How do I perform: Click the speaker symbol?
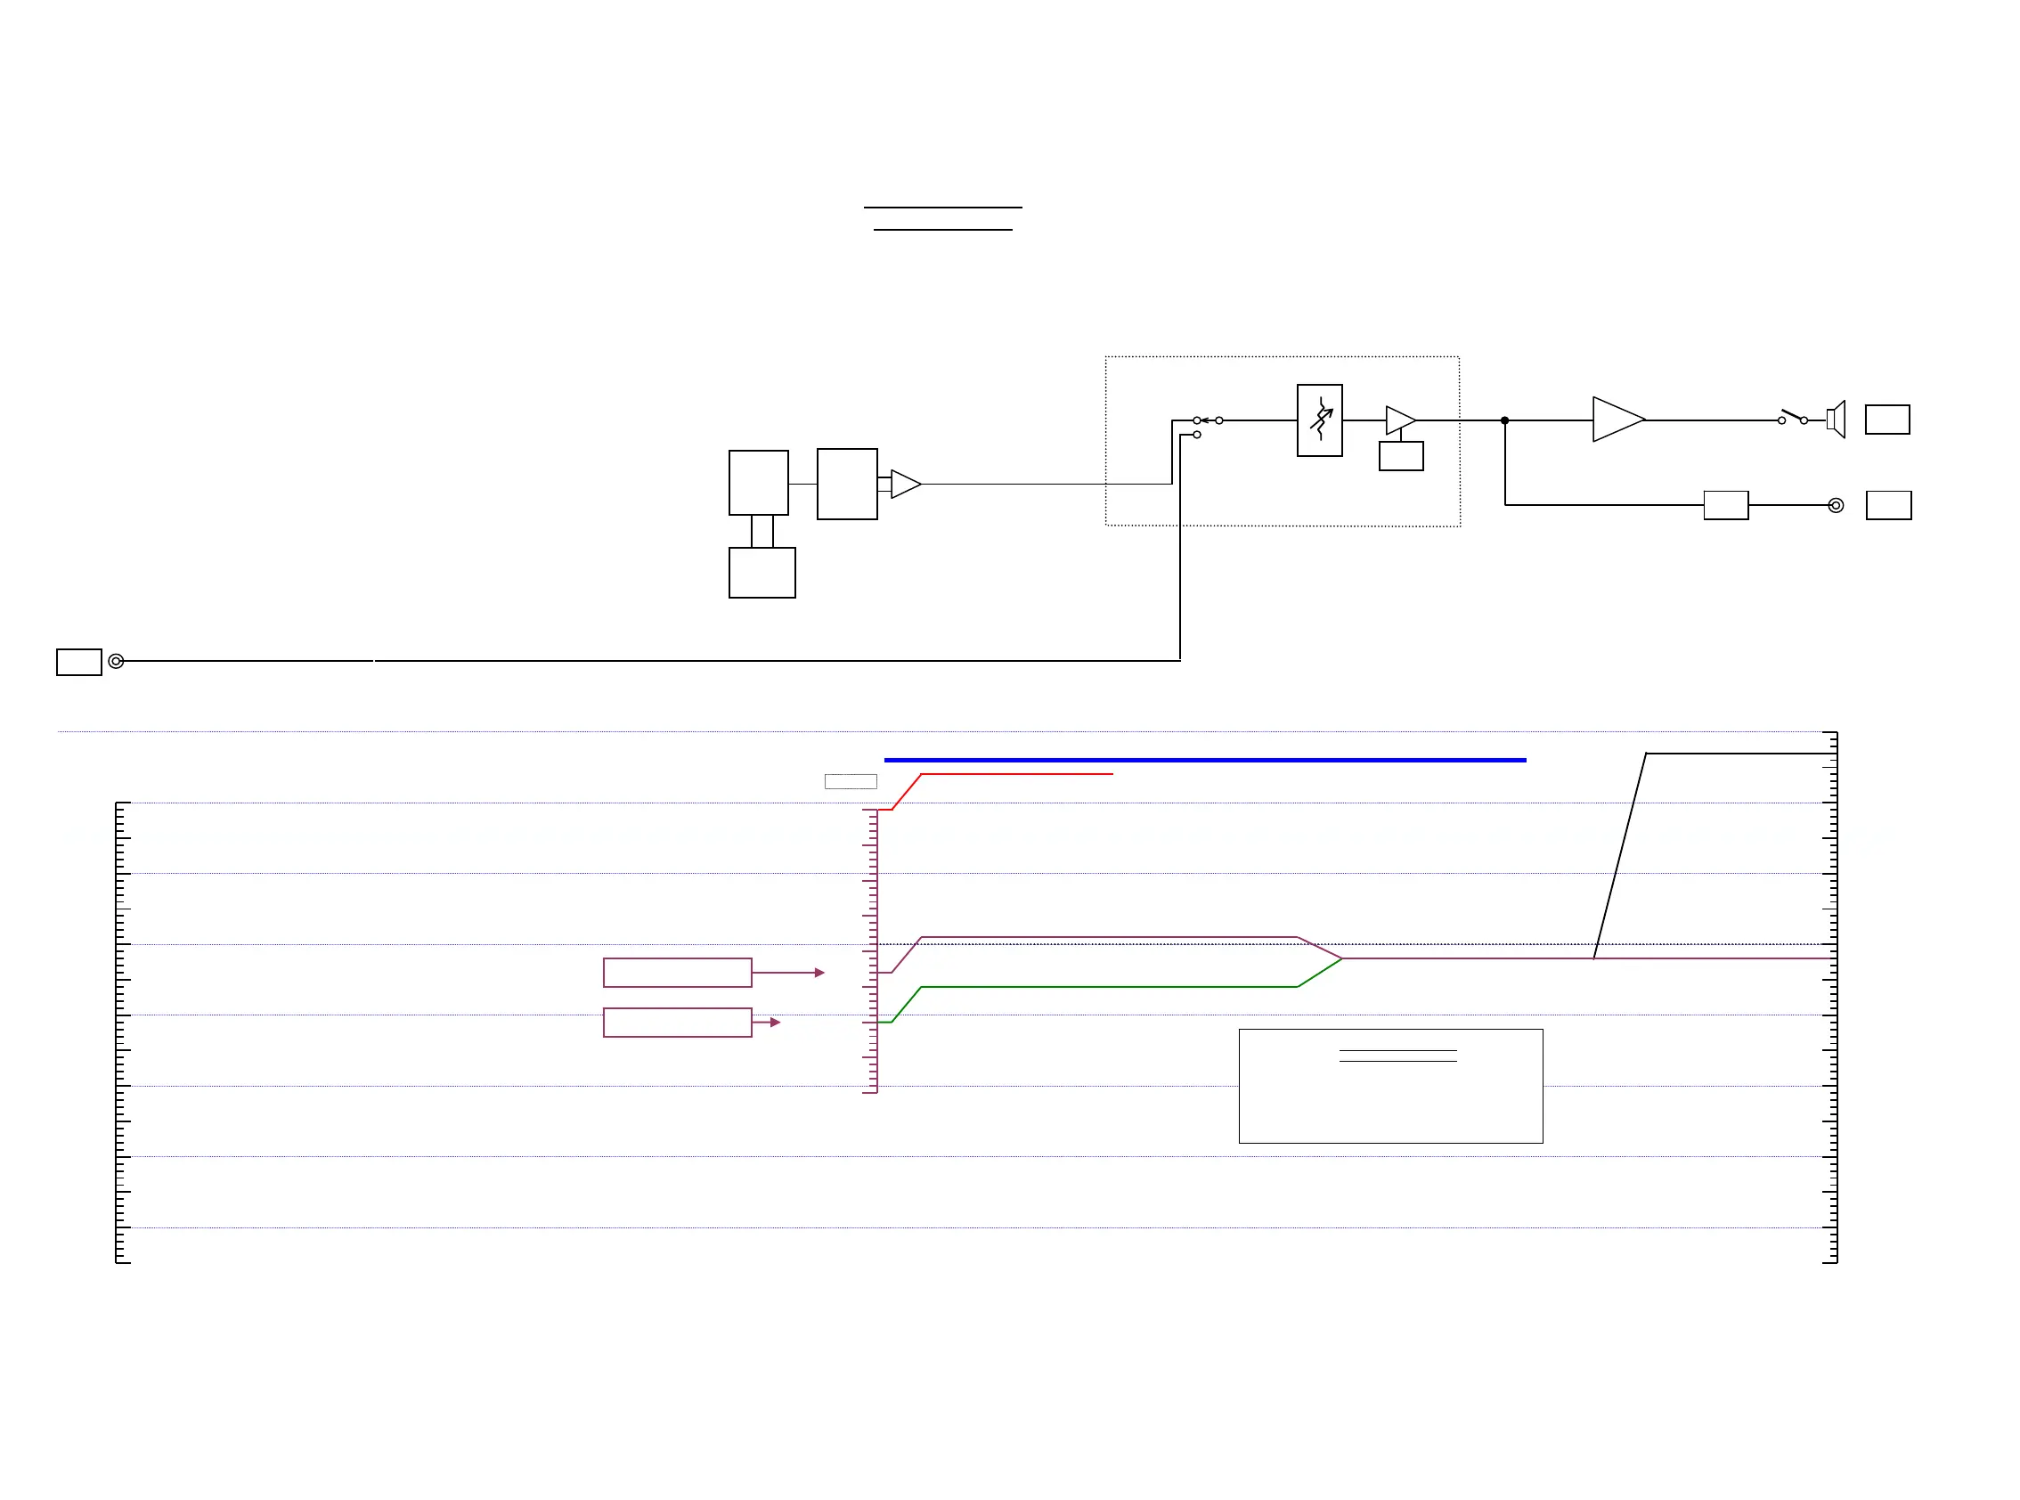[x=1836, y=420]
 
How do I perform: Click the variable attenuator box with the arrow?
[x=1319, y=420]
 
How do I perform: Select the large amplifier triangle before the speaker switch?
[x=1616, y=420]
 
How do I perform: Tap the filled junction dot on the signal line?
[x=1504, y=420]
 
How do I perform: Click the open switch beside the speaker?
[x=1792, y=418]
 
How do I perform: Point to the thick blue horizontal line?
[x=1204, y=760]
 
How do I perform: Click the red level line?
[x=1017, y=775]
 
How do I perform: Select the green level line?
[x=1108, y=987]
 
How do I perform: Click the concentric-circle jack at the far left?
[x=116, y=661]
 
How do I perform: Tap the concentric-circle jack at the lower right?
[x=1836, y=506]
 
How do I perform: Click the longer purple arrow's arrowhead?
[x=819, y=973]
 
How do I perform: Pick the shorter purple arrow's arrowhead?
[x=776, y=1023]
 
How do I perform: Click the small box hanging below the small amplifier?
[x=1401, y=456]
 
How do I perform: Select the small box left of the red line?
[x=850, y=782]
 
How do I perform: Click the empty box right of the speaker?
[x=1887, y=420]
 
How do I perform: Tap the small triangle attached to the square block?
[x=905, y=484]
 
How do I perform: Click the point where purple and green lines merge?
[x=1342, y=958]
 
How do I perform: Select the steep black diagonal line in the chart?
[x=1620, y=855]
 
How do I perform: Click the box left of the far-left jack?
[x=79, y=662]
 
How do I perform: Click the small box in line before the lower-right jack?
[x=1726, y=505]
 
